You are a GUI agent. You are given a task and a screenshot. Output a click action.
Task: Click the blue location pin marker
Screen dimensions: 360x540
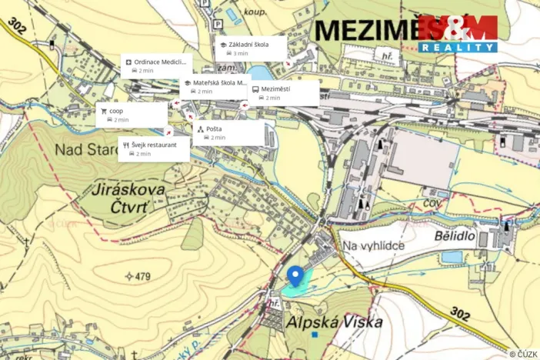294,275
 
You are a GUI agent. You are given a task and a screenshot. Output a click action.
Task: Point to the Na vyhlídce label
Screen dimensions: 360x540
372,245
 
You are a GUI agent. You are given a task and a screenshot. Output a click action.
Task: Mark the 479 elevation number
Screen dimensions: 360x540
141,276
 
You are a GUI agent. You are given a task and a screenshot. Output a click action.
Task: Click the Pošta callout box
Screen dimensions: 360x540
228,132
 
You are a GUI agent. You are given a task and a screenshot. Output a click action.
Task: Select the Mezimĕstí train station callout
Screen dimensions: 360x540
283,93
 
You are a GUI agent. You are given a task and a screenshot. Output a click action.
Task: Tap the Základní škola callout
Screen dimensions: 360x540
251,48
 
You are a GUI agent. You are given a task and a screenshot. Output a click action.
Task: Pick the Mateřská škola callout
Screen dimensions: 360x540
216,86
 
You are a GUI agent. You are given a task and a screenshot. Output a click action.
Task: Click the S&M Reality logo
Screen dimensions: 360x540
458,33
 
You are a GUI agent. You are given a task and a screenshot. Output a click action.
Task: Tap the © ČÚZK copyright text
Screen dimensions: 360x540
523,354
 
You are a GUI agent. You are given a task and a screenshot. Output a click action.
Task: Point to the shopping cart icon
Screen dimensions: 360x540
104,111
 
